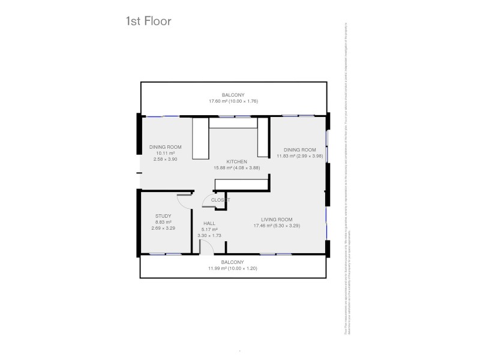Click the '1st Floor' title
coord(148,22)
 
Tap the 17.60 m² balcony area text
coord(233,101)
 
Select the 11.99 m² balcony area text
coord(233,268)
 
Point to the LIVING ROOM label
coord(276,219)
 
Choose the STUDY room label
coord(163,216)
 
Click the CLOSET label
coord(220,200)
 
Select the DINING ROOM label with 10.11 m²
coord(165,147)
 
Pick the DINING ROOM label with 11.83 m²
coord(299,149)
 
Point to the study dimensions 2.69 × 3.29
coord(163,228)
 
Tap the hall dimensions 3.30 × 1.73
coord(209,235)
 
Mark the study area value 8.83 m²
coord(163,222)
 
